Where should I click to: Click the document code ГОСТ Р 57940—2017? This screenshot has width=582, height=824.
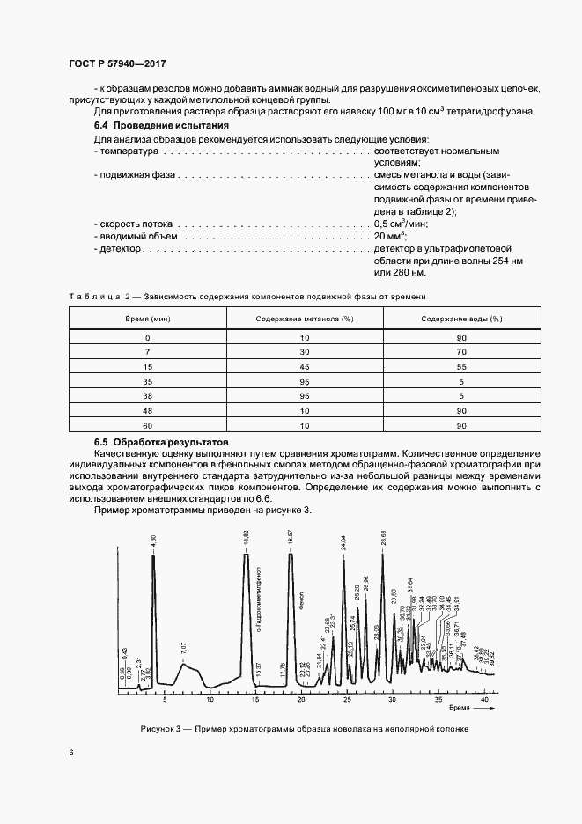(x=117, y=64)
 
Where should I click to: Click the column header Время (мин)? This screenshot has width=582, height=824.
(x=147, y=318)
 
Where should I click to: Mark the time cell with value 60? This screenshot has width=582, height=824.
(x=147, y=426)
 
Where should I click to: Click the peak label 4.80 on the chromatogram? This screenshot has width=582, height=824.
(x=153, y=541)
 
